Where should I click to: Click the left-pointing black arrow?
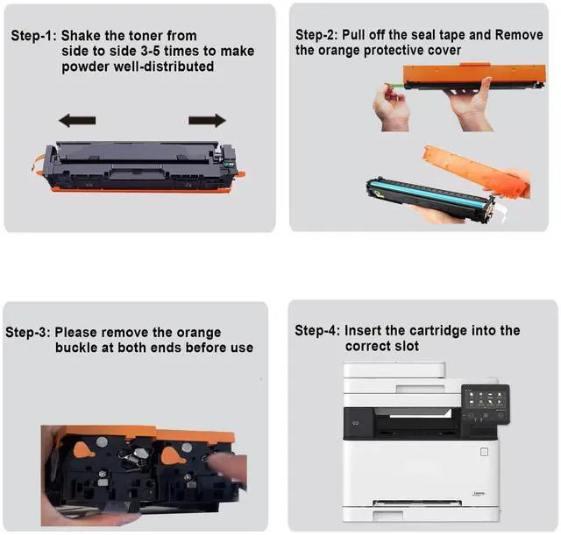pyautogui.click(x=77, y=121)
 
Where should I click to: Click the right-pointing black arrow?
pyautogui.click(x=207, y=121)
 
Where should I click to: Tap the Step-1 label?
pyautogui.click(x=33, y=36)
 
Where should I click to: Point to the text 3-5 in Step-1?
pyautogui.click(x=150, y=51)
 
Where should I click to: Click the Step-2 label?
pyautogui.click(x=316, y=35)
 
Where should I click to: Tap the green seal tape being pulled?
pyautogui.click(x=394, y=86)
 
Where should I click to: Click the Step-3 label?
pyautogui.click(x=28, y=333)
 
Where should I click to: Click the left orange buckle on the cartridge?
pyautogui.click(x=83, y=450)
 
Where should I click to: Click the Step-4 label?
pyautogui.click(x=317, y=331)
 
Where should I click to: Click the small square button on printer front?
pyautogui.click(x=484, y=453)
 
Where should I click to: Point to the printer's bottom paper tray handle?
pyautogui.click(x=388, y=515)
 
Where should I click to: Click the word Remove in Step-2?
pyautogui.click(x=519, y=35)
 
